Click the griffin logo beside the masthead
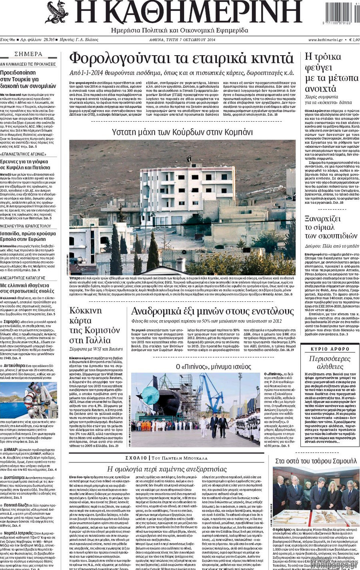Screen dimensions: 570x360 57,12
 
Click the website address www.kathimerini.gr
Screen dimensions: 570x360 325,40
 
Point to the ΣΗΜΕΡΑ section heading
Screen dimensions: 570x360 28,54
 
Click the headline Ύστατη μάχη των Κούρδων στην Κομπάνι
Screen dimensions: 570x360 182,132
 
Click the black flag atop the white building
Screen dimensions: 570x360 188,159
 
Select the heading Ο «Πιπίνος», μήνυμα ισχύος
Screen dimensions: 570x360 197,366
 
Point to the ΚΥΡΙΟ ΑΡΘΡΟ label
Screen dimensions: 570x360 330,349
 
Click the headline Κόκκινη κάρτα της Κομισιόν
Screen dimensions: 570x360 94,325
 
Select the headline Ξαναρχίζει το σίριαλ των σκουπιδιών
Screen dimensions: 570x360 331,227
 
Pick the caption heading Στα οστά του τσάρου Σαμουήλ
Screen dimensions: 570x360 316,461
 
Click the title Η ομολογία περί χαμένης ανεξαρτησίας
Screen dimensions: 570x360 167,469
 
